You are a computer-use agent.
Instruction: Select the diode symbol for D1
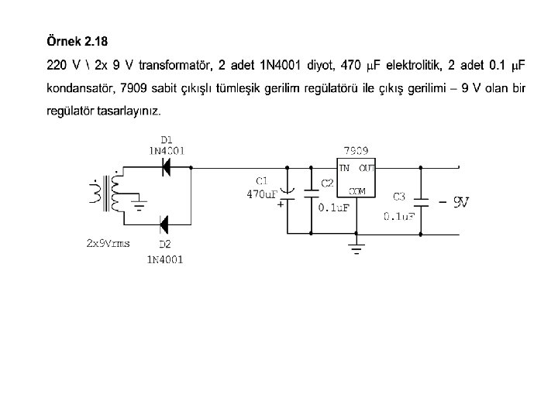[164, 166]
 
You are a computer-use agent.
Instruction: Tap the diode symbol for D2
[164, 225]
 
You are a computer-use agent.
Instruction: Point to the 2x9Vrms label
[108, 243]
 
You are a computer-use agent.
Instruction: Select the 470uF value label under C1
[262, 194]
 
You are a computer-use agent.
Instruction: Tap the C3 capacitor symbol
[421, 200]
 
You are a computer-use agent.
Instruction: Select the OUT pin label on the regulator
[367, 167]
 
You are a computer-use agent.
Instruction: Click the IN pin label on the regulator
[343, 167]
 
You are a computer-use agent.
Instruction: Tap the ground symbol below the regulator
[356, 248]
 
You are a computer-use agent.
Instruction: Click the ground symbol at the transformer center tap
[139, 205]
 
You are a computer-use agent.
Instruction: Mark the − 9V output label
[453, 203]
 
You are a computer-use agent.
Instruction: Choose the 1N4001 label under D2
[165, 260]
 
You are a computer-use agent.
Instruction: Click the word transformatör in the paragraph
[177, 64]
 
